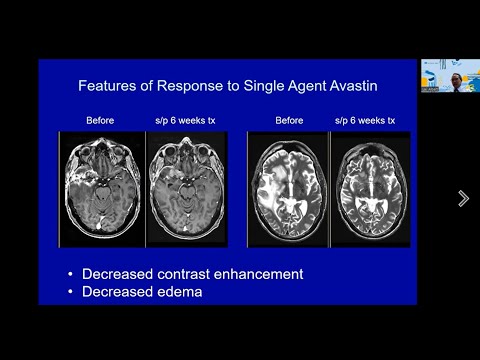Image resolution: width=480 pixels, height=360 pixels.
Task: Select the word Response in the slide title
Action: click(196, 86)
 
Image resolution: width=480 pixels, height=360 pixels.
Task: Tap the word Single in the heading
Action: click(259, 86)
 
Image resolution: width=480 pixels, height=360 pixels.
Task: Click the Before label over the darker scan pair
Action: click(100, 121)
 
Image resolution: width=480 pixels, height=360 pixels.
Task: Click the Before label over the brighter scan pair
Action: click(289, 121)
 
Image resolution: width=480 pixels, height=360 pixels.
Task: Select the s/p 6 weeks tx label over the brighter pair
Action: click(364, 121)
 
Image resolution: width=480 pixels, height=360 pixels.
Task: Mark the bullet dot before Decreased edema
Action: click(69, 292)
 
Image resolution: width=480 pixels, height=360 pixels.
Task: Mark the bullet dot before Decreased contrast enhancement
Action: click(69, 274)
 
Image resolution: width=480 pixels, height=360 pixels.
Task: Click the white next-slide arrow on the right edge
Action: click(463, 198)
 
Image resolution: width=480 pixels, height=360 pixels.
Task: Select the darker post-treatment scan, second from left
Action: click(186, 188)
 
